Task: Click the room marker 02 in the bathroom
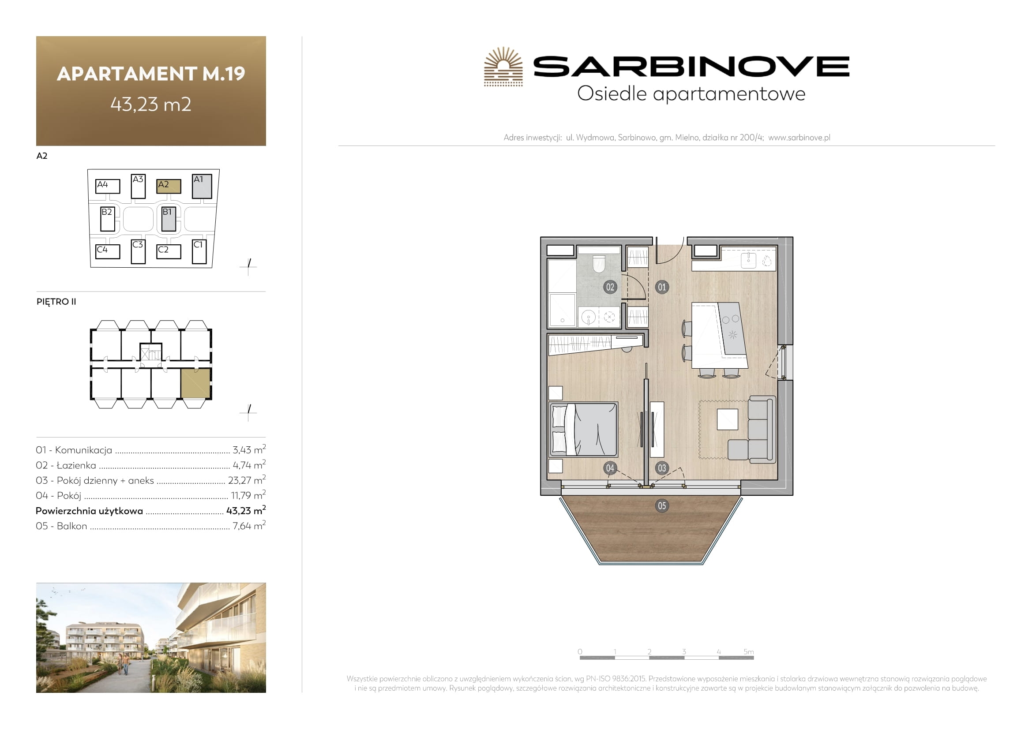pos(610,287)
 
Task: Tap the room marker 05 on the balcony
pos(662,506)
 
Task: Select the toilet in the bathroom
pos(599,264)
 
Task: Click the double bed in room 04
pos(583,430)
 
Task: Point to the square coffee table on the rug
pos(727,419)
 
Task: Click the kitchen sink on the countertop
pos(748,260)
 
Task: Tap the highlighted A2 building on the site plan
pos(169,186)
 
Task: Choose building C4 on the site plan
pos(108,251)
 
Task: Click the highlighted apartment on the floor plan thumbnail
pos(196,384)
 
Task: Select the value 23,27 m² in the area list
pos(247,480)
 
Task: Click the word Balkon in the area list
pos(72,526)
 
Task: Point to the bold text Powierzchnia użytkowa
pos(89,511)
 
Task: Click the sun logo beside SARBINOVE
pos(503,67)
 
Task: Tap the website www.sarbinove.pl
pos(799,138)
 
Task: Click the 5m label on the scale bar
pos(748,652)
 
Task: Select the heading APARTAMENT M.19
pos(151,74)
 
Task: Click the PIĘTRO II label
pos(56,301)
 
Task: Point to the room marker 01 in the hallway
pos(662,287)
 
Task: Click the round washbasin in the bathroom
pos(589,318)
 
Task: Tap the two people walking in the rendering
pos(123,664)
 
